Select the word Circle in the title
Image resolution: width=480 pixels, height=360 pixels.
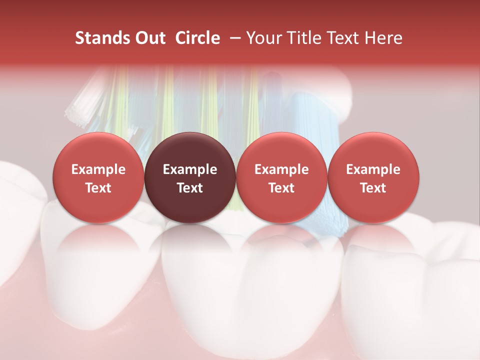tap(197, 38)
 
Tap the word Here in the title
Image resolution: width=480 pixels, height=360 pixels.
tap(384, 38)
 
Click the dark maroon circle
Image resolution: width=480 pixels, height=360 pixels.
tap(190, 177)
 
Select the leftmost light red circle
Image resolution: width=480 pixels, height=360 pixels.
tap(98, 177)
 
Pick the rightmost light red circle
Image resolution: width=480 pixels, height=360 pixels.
tap(373, 177)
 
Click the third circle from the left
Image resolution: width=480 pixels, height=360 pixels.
tap(281, 177)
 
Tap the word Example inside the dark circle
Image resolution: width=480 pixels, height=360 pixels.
tap(190, 169)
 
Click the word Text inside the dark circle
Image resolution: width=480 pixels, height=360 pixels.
tap(190, 188)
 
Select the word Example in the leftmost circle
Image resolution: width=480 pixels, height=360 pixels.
tap(98, 169)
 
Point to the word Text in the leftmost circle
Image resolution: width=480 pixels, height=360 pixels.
tap(98, 188)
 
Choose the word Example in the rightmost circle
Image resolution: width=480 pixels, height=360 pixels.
tap(373, 169)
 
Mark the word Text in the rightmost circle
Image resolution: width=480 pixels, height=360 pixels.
tap(373, 188)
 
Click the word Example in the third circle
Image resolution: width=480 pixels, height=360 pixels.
tap(281, 169)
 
